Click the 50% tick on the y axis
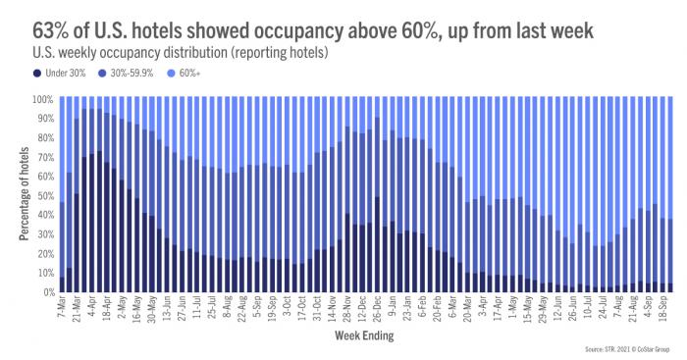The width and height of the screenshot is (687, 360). pos(44,196)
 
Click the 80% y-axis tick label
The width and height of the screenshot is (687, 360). pos(44,137)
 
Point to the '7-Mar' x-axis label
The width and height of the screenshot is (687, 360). pos(63,308)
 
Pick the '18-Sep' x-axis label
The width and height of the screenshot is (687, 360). pos(665,309)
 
